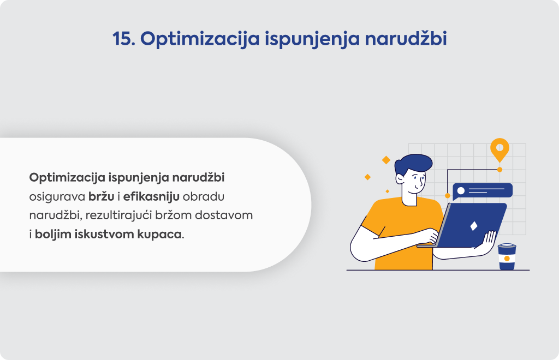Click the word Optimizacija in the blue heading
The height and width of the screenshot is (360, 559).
tap(200, 39)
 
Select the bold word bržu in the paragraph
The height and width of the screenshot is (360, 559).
tap(101, 196)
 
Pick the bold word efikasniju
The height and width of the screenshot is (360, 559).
tap(151, 196)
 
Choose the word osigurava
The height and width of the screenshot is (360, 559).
tap(57, 197)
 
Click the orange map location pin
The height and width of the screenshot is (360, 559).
tap(500, 149)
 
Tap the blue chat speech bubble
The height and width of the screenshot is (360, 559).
tap(483, 191)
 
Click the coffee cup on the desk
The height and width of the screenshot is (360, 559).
tap(507, 256)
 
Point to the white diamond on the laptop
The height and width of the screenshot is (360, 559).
tap(474, 226)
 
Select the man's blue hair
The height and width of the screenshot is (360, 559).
tap(414, 164)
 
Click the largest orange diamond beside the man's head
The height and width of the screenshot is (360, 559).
tap(386, 160)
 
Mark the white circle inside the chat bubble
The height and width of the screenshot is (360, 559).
tap(461, 191)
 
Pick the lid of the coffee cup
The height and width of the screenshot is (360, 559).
tap(507, 246)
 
